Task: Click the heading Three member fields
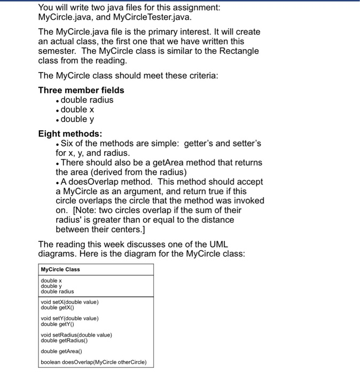point(81,90)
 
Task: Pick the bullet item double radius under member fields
point(87,100)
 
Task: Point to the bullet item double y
point(77,119)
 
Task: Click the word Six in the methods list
point(68,144)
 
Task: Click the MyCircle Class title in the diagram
point(60,269)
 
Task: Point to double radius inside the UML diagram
point(57,291)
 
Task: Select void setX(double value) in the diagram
point(69,302)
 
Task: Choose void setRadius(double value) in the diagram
point(76,335)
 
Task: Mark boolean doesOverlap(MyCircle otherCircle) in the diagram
point(94,363)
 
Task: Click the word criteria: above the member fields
point(200,75)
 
